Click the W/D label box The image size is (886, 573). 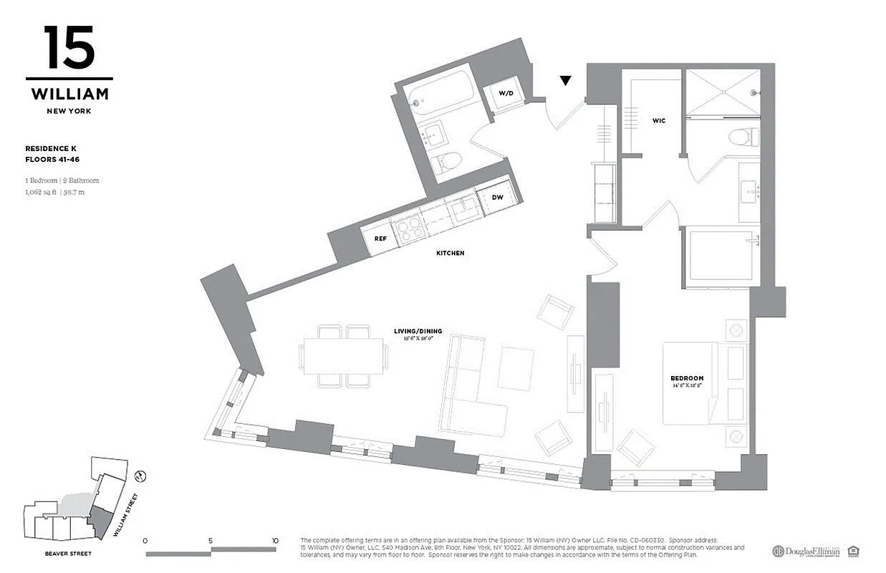(x=506, y=94)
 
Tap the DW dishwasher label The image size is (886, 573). (x=498, y=197)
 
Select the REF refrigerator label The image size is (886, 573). (x=380, y=239)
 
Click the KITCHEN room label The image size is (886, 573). (x=451, y=253)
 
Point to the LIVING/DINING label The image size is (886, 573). (x=418, y=331)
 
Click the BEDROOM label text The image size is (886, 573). (x=687, y=378)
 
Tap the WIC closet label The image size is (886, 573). (x=658, y=120)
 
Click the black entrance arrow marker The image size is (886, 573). (x=566, y=81)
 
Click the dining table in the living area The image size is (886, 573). (x=344, y=356)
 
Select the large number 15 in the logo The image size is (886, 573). (x=69, y=48)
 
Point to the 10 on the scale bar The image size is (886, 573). (x=275, y=541)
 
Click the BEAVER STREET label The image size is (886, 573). (x=67, y=554)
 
